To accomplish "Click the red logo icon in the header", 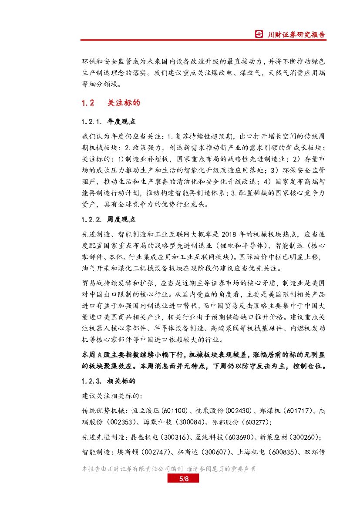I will coord(259,34).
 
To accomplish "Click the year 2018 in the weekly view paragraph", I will coord(233,233).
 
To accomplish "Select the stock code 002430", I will coord(246,411).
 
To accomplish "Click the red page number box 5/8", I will coord(183,479).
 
